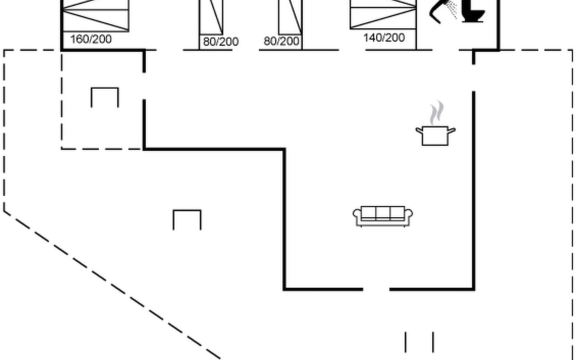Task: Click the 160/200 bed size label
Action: coord(91,39)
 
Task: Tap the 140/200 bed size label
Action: coord(384,37)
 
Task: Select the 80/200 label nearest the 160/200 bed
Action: coord(221,41)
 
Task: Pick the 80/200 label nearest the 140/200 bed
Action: coord(281,41)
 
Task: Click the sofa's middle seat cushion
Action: coord(383,213)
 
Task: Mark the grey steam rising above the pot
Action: coord(436,113)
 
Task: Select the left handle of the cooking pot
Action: coord(419,130)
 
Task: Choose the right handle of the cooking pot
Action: coord(452,130)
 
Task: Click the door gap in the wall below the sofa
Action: coord(376,289)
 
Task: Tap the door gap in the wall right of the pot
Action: coord(474,78)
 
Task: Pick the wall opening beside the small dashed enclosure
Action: coord(144,86)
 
